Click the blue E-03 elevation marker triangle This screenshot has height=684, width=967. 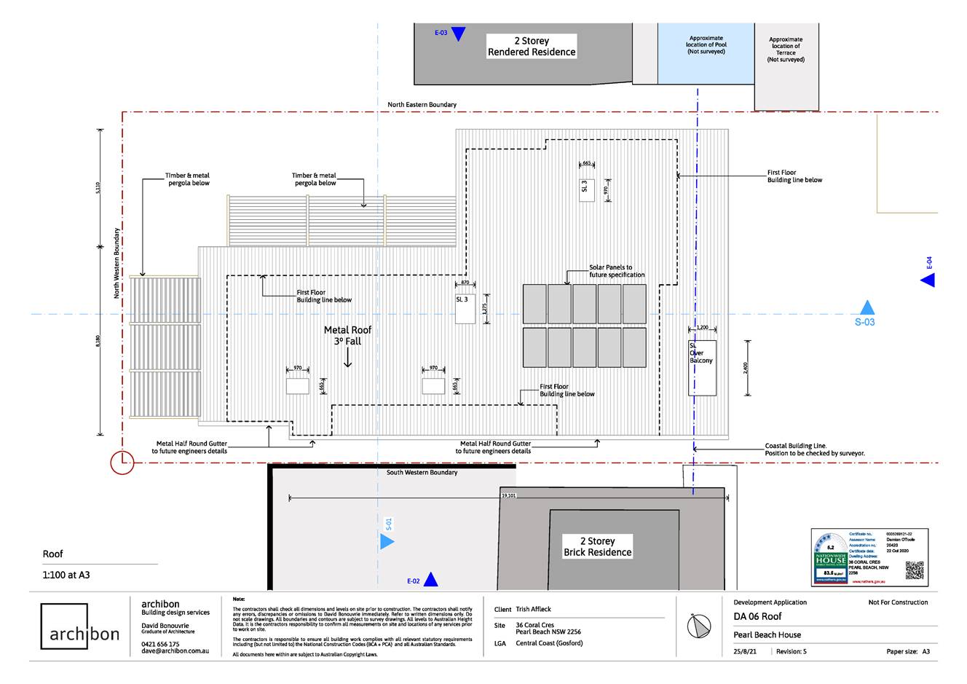coord(458,34)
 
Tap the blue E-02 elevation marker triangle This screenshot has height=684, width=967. coord(430,580)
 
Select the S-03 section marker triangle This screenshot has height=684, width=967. coord(866,307)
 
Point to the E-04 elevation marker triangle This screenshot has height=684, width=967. coord(928,280)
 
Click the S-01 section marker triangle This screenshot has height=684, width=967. coord(387,541)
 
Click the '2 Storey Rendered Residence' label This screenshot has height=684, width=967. coord(532,47)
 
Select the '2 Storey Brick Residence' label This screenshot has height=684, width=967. coord(597,546)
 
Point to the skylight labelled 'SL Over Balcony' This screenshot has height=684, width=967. coord(702,368)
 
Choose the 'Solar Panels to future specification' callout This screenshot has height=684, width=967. coord(616,271)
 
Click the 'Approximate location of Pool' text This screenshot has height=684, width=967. coord(706,45)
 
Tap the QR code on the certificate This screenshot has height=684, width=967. coord(914,570)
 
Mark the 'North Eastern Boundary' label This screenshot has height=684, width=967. coord(422,105)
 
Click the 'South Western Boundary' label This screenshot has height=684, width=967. coord(422,473)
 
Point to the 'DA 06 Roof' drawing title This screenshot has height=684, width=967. coord(757,616)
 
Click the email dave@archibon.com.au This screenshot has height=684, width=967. coord(175,650)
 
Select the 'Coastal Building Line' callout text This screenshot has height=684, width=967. coord(814,449)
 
